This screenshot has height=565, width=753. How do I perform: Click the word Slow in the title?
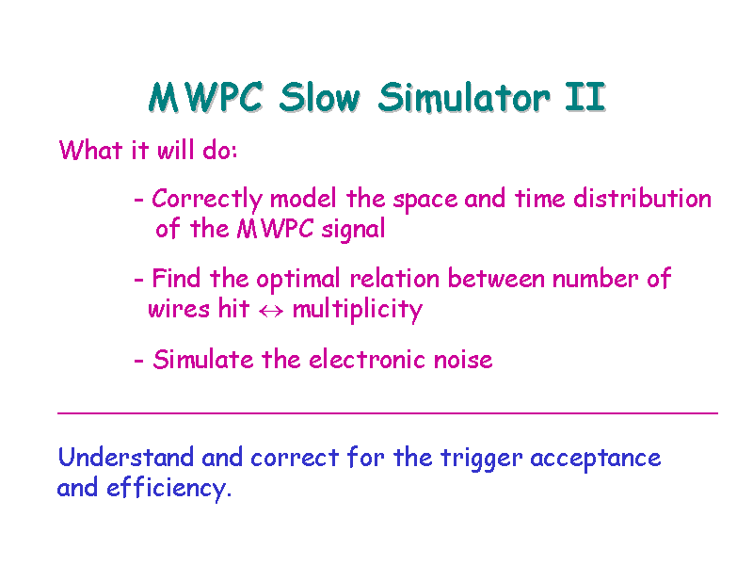point(319,97)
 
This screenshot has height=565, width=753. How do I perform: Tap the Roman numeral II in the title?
point(585,97)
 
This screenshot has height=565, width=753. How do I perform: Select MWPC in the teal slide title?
point(205,97)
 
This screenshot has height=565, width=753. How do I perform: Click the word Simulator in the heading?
point(464,97)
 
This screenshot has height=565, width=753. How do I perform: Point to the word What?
point(90,150)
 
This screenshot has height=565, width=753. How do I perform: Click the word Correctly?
point(207,200)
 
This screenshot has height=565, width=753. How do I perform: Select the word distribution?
point(642,198)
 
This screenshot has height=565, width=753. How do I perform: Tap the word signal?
point(353,230)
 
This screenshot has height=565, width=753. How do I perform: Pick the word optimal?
point(297,280)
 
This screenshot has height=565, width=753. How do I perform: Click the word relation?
point(394,279)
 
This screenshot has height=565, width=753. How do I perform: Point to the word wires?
point(179,309)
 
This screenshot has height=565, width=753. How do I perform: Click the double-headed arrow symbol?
point(271,312)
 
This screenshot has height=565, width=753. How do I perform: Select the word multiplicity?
point(358,310)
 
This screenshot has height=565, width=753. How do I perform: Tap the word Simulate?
point(203,360)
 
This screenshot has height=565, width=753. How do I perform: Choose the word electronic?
point(367,360)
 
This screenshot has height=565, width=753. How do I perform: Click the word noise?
point(463,360)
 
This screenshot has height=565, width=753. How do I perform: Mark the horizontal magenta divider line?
point(388,413)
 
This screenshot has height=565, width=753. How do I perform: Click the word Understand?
point(126,457)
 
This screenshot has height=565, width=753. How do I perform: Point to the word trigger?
point(481,459)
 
